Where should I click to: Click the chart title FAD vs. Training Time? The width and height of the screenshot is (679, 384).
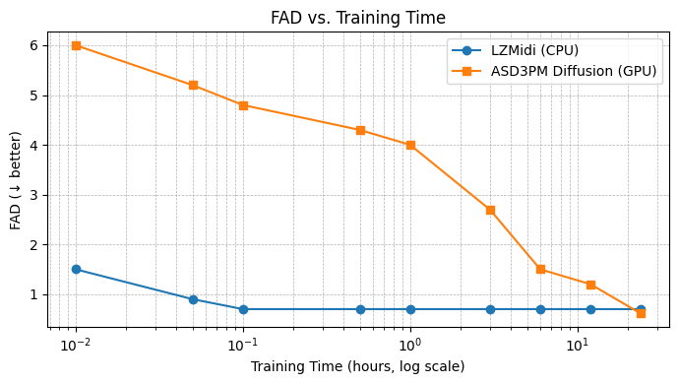tap(358, 18)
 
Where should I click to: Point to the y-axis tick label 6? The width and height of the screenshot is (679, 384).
tap(34, 45)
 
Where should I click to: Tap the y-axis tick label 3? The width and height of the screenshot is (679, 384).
tap(34, 195)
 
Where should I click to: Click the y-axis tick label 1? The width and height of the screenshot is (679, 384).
tap(34, 294)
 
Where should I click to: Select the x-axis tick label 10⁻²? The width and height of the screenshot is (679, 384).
tap(75, 346)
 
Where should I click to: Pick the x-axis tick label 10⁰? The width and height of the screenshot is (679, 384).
tap(410, 346)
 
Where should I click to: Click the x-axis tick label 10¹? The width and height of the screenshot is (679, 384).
tap(578, 346)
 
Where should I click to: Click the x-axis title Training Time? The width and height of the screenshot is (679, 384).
tap(358, 367)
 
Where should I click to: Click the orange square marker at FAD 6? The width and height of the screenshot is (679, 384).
tap(76, 45)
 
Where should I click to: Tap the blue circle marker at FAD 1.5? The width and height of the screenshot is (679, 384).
tap(76, 269)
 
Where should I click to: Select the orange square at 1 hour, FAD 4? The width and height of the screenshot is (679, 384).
tap(410, 145)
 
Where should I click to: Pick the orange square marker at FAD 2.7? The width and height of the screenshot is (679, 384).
tap(490, 210)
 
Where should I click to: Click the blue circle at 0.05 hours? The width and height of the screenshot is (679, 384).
tap(193, 299)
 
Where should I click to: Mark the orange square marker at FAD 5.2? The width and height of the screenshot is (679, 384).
tap(193, 85)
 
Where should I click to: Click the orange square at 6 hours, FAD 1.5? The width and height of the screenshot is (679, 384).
tap(540, 269)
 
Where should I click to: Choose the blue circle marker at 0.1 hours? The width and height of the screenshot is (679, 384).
tap(243, 309)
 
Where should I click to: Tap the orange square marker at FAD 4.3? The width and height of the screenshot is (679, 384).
tap(360, 130)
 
